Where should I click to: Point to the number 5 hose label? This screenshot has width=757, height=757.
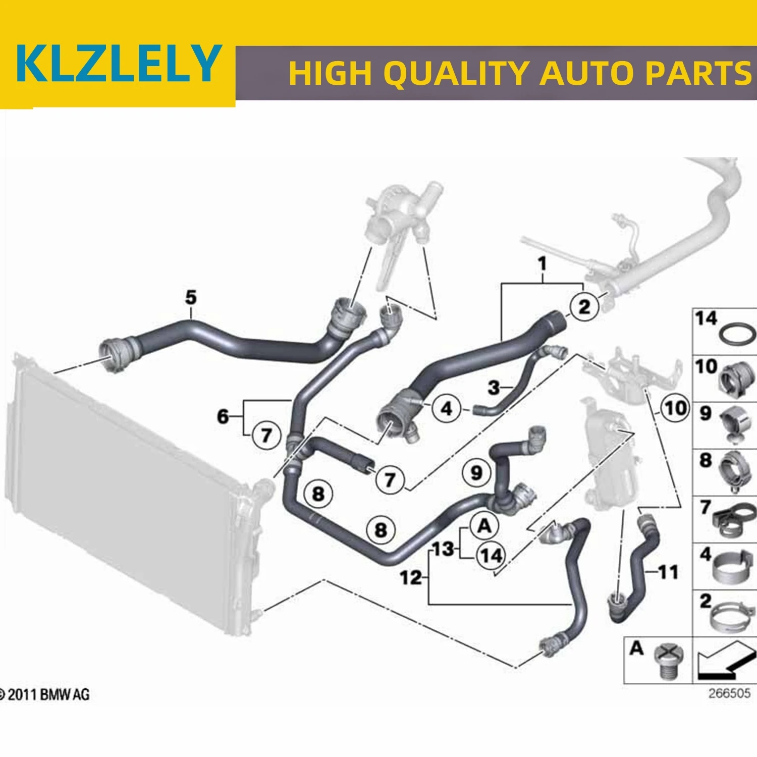(x=191, y=298)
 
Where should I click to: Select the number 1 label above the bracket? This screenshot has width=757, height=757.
(x=543, y=263)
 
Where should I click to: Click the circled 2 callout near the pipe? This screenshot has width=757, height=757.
(x=584, y=306)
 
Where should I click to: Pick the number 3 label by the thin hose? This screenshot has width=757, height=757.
(x=494, y=388)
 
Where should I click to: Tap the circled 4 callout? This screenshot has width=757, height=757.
(x=447, y=408)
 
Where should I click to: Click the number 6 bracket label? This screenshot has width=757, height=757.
(x=223, y=416)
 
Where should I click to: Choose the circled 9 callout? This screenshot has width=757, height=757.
(x=476, y=473)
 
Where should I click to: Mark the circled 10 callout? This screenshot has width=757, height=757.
(x=676, y=408)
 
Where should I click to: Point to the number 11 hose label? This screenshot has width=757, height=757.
(x=668, y=572)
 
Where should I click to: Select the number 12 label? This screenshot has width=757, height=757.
(x=410, y=577)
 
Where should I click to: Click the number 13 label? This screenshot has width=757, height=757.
(x=443, y=549)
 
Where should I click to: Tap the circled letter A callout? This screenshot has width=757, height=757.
(x=484, y=526)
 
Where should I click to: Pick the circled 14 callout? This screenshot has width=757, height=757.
(x=491, y=556)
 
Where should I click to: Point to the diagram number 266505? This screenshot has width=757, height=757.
(x=729, y=693)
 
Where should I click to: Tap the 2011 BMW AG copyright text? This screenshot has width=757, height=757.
(x=45, y=695)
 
